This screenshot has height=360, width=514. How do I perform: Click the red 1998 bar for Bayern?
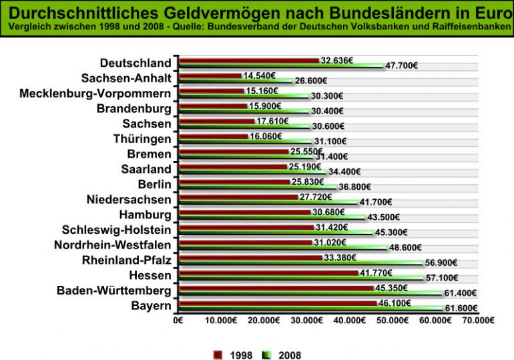pyautogui.click(x=277, y=303)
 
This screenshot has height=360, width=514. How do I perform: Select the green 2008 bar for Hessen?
pyautogui.click(x=300, y=278)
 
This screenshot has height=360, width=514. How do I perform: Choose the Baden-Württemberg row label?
pyautogui.click(x=113, y=291)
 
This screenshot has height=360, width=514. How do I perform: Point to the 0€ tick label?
pyautogui.click(x=178, y=320)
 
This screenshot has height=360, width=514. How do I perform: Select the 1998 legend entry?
pyautogui.click(x=233, y=355)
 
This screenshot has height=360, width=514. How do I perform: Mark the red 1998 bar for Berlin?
pyautogui.click(x=234, y=182)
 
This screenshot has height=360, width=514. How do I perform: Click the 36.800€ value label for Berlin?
pyautogui.click(x=354, y=187)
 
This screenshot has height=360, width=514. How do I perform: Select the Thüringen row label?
pyautogui.click(x=142, y=139)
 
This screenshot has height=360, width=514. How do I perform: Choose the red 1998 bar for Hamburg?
pyautogui.click(x=245, y=212)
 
